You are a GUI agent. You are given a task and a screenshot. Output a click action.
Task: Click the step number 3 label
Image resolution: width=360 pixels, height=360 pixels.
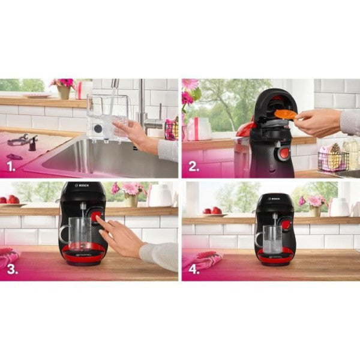[x=13, y=269]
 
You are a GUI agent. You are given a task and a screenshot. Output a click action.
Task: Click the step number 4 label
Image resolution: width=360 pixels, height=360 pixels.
[x=194, y=269]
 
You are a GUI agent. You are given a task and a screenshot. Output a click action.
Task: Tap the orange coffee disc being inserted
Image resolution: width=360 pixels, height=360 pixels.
[x=286, y=114]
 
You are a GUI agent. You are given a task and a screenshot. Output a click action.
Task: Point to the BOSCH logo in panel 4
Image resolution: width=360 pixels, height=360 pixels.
[x=274, y=198]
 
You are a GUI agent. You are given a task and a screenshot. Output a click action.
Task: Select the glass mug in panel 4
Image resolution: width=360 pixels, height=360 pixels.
[x=273, y=238]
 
